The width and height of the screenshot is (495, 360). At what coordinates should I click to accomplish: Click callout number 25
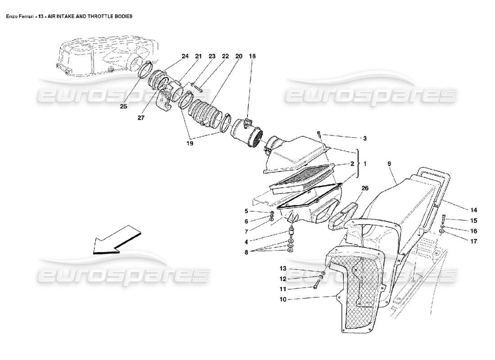point(123,107)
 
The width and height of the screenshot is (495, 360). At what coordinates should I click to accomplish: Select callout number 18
point(252,56)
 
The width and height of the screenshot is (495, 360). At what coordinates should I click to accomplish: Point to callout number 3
point(365,139)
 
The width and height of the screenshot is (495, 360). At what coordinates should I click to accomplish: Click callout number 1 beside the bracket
point(365,164)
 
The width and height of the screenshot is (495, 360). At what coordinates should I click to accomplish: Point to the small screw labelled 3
point(319,134)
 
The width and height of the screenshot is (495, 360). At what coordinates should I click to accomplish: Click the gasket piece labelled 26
point(344,215)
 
